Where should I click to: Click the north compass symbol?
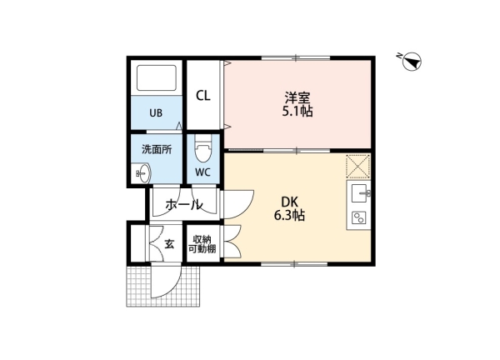(412, 61)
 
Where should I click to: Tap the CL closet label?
(203, 95)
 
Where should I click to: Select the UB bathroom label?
(156, 112)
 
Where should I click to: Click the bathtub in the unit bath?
(157, 78)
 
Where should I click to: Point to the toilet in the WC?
(203, 150)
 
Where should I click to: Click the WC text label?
(202, 172)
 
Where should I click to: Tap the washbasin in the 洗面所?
(143, 173)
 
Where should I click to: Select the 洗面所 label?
(157, 149)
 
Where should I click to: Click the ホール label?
(184, 204)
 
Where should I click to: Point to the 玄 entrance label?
(169, 244)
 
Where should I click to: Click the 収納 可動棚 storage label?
(202, 244)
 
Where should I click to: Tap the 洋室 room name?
(297, 97)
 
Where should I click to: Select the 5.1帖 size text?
(297, 112)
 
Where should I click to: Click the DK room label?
(289, 202)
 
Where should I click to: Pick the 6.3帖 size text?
(289, 216)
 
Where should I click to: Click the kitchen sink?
(359, 193)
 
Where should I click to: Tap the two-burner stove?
(358, 218)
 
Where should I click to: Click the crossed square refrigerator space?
(358, 166)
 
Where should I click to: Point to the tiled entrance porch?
(163, 286)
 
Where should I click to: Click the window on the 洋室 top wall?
(296, 58)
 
